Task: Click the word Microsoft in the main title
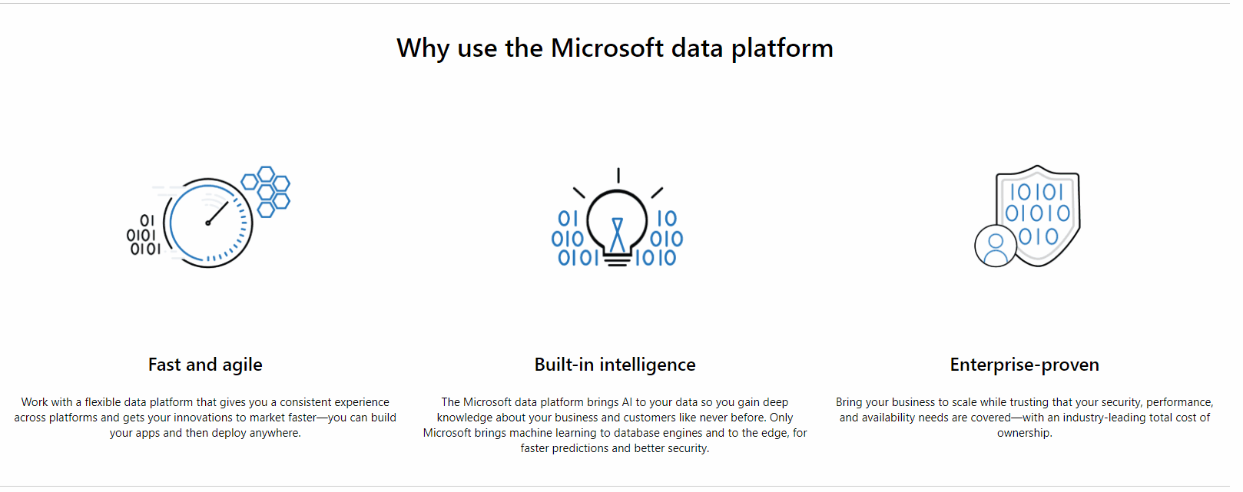pyautogui.click(x=607, y=48)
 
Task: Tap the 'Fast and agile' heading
pyautogui.click(x=205, y=365)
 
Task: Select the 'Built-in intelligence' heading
pyautogui.click(x=615, y=365)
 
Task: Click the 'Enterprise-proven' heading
pyautogui.click(x=1024, y=365)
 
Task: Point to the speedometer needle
pyautogui.click(x=217, y=213)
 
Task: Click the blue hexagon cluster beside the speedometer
pyautogui.click(x=267, y=191)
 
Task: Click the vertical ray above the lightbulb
pyautogui.click(x=618, y=175)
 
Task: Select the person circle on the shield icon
pyautogui.click(x=996, y=246)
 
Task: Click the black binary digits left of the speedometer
pyautogui.click(x=143, y=235)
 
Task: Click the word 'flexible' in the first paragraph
pyautogui.click(x=103, y=402)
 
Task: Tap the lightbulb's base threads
pyautogui.click(x=617, y=260)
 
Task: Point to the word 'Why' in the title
pyautogui.click(x=423, y=48)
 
